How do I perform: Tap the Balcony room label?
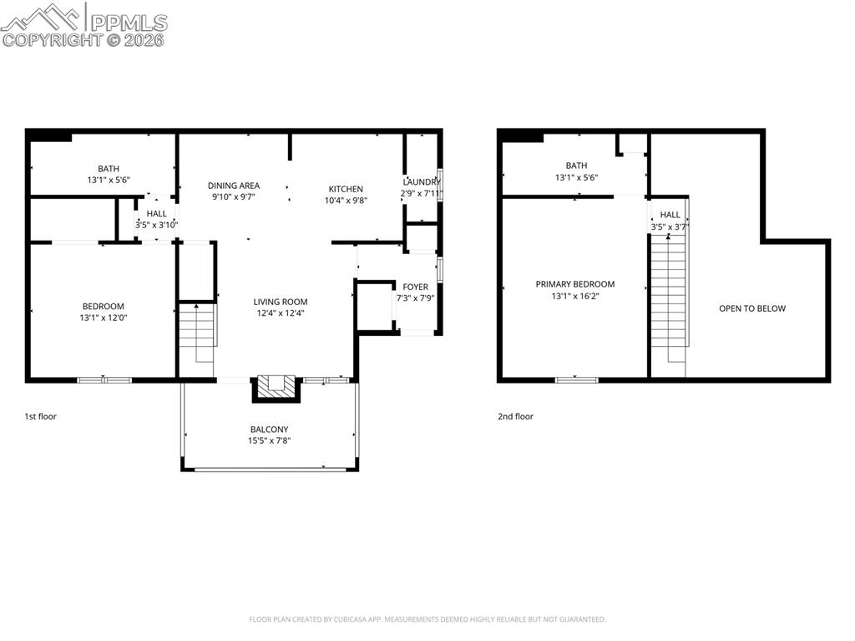coord(269,430)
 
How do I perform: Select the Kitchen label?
coord(346,189)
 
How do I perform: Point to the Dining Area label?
coord(234,186)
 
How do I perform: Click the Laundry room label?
coord(422,182)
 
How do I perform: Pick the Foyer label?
coord(415,287)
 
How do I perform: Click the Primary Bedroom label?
coord(574,284)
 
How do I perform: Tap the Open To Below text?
coord(752,308)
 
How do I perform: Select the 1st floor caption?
coord(41,416)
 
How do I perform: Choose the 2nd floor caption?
coord(515,416)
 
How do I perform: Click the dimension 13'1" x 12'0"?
coord(104,318)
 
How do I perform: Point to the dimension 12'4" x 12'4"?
coord(281,313)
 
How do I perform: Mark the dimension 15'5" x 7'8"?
coord(269,440)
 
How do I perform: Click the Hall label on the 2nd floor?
coord(670,215)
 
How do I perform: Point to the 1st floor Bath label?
coord(109,168)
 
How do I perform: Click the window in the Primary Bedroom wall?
coord(576,380)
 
